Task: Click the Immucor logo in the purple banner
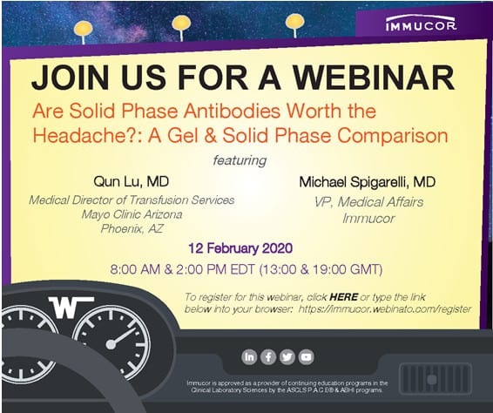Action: [x=421, y=24]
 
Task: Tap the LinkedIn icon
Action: [x=249, y=357]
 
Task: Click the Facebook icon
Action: [x=268, y=357]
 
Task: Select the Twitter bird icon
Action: [x=287, y=357]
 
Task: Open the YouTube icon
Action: [x=307, y=357]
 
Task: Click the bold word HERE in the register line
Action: [x=344, y=296]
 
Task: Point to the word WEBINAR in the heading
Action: [x=374, y=78]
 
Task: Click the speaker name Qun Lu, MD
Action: [x=132, y=182]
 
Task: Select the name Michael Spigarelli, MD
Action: [x=368, y=182]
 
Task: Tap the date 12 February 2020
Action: [x=240, y=248]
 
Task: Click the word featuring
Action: [x=240, y=160]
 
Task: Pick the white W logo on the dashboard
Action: [x=71, y=307]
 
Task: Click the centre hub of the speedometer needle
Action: [x=111, y=344]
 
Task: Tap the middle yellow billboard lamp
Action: [x=181, y=24]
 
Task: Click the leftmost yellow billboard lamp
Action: [x=84, y=29]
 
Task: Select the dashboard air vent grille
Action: [x=436, y=379]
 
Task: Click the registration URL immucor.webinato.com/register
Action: [x=385, y=309]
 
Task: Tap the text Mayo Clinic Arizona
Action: [x=132, y=214]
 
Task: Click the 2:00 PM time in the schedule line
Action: [x=201, y=269]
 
